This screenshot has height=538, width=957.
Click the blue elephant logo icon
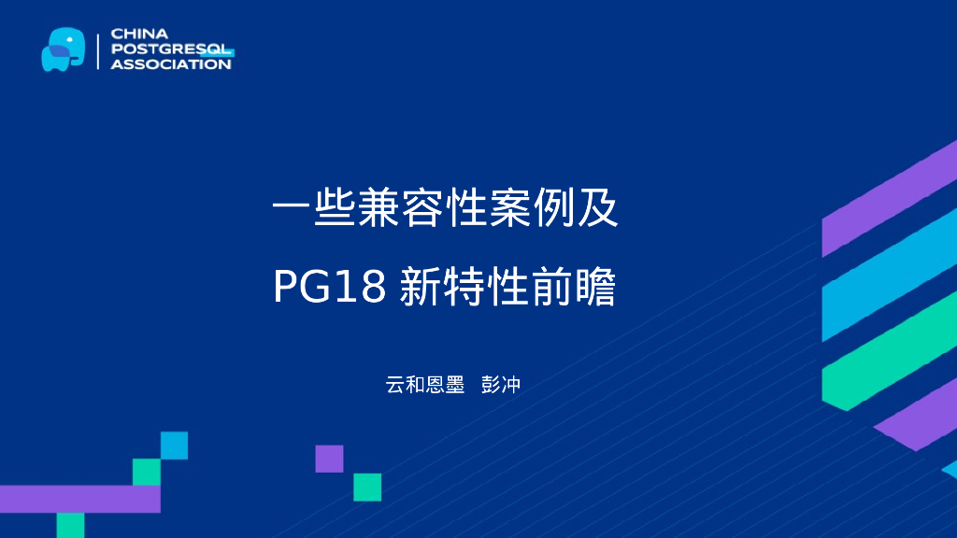coord(63,50)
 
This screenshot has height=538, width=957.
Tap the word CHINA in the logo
coord(134,34)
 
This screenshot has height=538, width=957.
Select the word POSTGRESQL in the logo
coord(171,49)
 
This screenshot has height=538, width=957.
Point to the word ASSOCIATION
coord(171,64)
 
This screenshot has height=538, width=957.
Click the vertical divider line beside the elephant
coord(97,50)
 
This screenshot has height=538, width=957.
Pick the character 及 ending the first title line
coord(598,209)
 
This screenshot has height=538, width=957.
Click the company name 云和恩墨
coord(425,384)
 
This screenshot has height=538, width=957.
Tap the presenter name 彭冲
coord(500,384)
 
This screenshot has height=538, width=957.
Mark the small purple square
coord(329,459)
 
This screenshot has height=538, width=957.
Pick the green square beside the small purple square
coord(367,487)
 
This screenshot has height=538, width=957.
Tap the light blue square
coord(174,446)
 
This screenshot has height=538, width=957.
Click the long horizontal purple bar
coord(79,499)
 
